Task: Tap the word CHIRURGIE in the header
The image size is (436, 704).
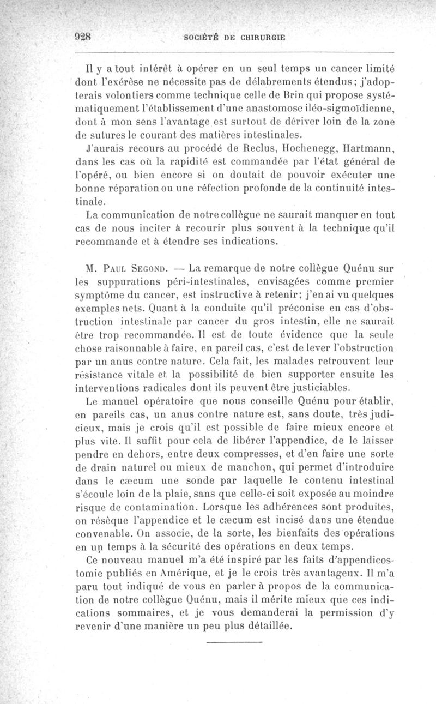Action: (261, 38)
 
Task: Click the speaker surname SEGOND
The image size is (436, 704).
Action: (149, 268)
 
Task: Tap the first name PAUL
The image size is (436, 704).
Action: (112, 268)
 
